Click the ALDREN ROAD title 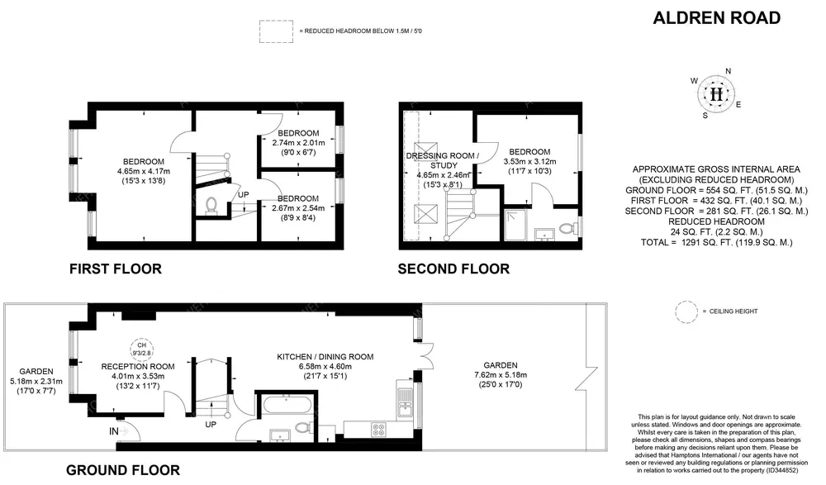coord(716,18)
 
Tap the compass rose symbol coord(716,94)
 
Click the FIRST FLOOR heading coord(116,269)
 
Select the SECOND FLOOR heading coord(453,269)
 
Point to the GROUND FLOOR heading coord(123,469)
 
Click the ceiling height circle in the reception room coord(142,349)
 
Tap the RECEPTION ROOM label coord(138,366)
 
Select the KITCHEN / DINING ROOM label coord(325,357)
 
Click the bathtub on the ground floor coord(285,406)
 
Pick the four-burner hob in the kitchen coord(378,429)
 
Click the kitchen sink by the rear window coord(405,402)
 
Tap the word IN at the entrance coord(114,431)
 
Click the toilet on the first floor coord(211,206)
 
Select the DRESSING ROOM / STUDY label coord(444,160)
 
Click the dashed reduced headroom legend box coord(276,31)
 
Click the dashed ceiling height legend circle coord(686,311)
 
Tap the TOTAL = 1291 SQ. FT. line coord(716,243)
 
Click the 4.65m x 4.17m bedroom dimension coord(143,171)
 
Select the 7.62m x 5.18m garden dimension coord(501,375)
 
